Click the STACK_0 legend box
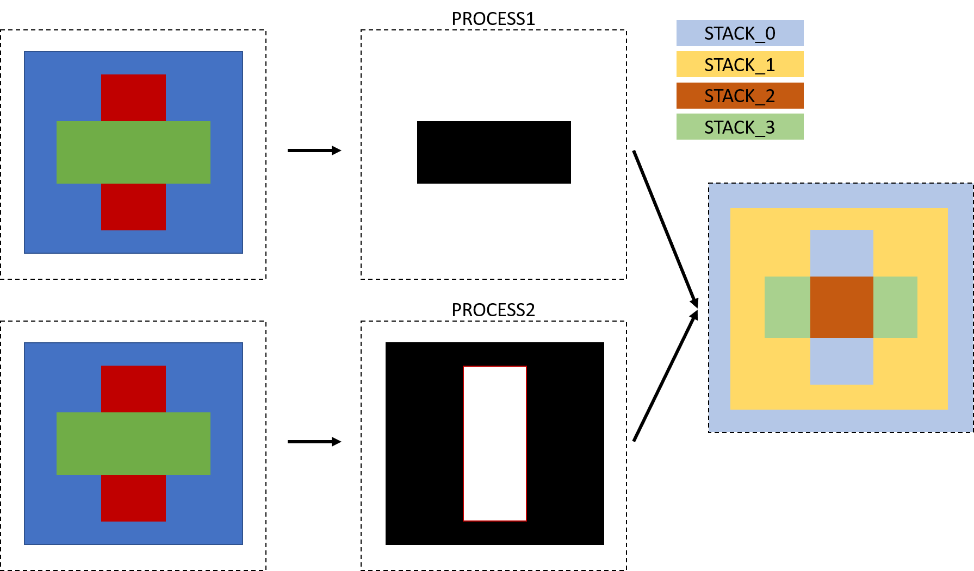(x=740, y=33)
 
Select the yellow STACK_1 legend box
(x=740, y=64)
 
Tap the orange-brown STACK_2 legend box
(x=740, y=96)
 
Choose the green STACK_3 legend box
(x=740, y=127)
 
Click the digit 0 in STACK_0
(x=770, y=34)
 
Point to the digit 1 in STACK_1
(x=770, y=65)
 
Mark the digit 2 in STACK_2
(x=770, y=96)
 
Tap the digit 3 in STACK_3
(x=770, y=128)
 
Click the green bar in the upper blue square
(x=133, y=152)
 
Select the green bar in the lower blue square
(x=133, y=443)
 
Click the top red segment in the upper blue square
(x=133, y=98)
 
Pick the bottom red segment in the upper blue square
(x=133, y=207)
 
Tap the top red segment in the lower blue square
(x=133, y=389)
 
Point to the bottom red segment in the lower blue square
(x=133, y=498)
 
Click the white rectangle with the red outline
(x=495, y=443)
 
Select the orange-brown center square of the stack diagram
(x=841, y=307)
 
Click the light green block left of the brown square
(x=787, y=307)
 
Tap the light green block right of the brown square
(x=895, y=307)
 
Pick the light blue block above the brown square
(x=841, y=253)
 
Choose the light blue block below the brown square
(x=841, y=361)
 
